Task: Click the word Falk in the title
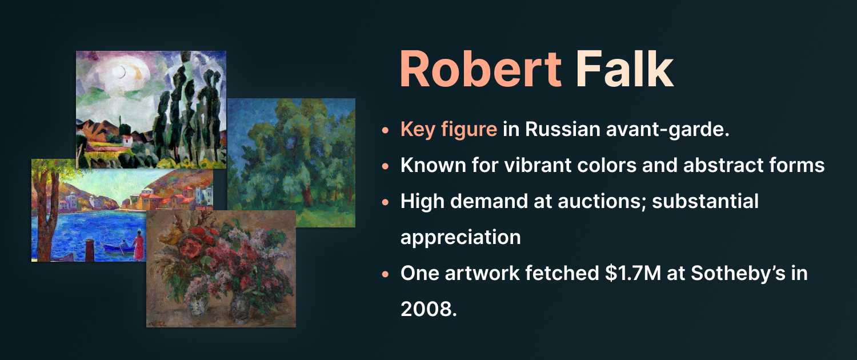[x=625, y=69]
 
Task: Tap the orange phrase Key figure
[x=448, y=129]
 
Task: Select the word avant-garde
[x=668, y=129]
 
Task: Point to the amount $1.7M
[x=633, y=273]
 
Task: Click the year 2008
[x=429, y=309]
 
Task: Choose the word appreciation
[x=460, y=238]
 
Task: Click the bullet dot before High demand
[x=385, y=202]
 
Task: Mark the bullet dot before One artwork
[x=385, y=274]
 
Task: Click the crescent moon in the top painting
[x=122, y=71]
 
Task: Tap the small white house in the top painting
[x=127, y=141]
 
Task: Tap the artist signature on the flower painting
[x=158, y=323]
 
